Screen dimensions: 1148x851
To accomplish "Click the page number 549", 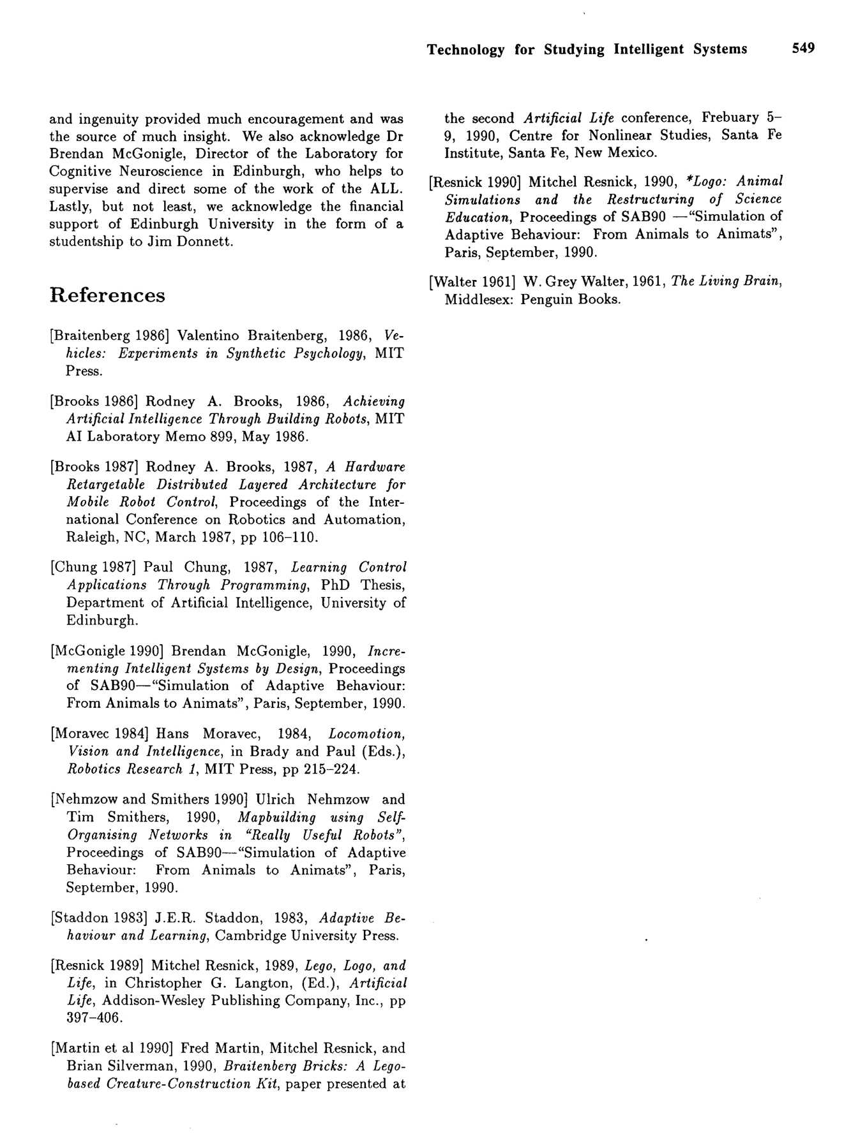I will (x=803, y=48).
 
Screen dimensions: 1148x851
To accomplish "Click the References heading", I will (x=107, y=295).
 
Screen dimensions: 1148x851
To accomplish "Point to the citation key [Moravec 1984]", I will (x=100, y=734).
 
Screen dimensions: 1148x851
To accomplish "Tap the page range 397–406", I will (x=94, y=1019).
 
